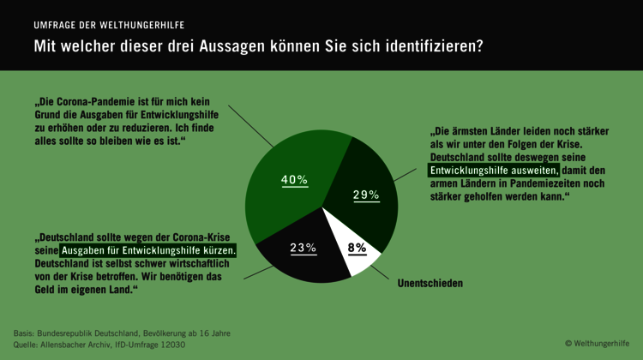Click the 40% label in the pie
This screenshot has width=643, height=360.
(294, 180)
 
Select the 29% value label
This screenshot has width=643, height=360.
(366, 195)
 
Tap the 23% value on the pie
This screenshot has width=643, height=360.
(303, 248)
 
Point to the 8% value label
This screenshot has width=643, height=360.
(357, 248)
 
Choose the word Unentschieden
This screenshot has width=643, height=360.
(430, 283)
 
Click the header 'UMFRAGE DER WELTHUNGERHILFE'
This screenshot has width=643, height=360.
(109, 25)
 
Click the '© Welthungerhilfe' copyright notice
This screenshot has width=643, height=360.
(597, 343)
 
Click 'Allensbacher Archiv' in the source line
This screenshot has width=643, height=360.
(81, 345)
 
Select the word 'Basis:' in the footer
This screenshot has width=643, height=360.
(26, 333)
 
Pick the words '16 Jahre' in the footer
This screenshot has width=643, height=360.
(213, 333)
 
